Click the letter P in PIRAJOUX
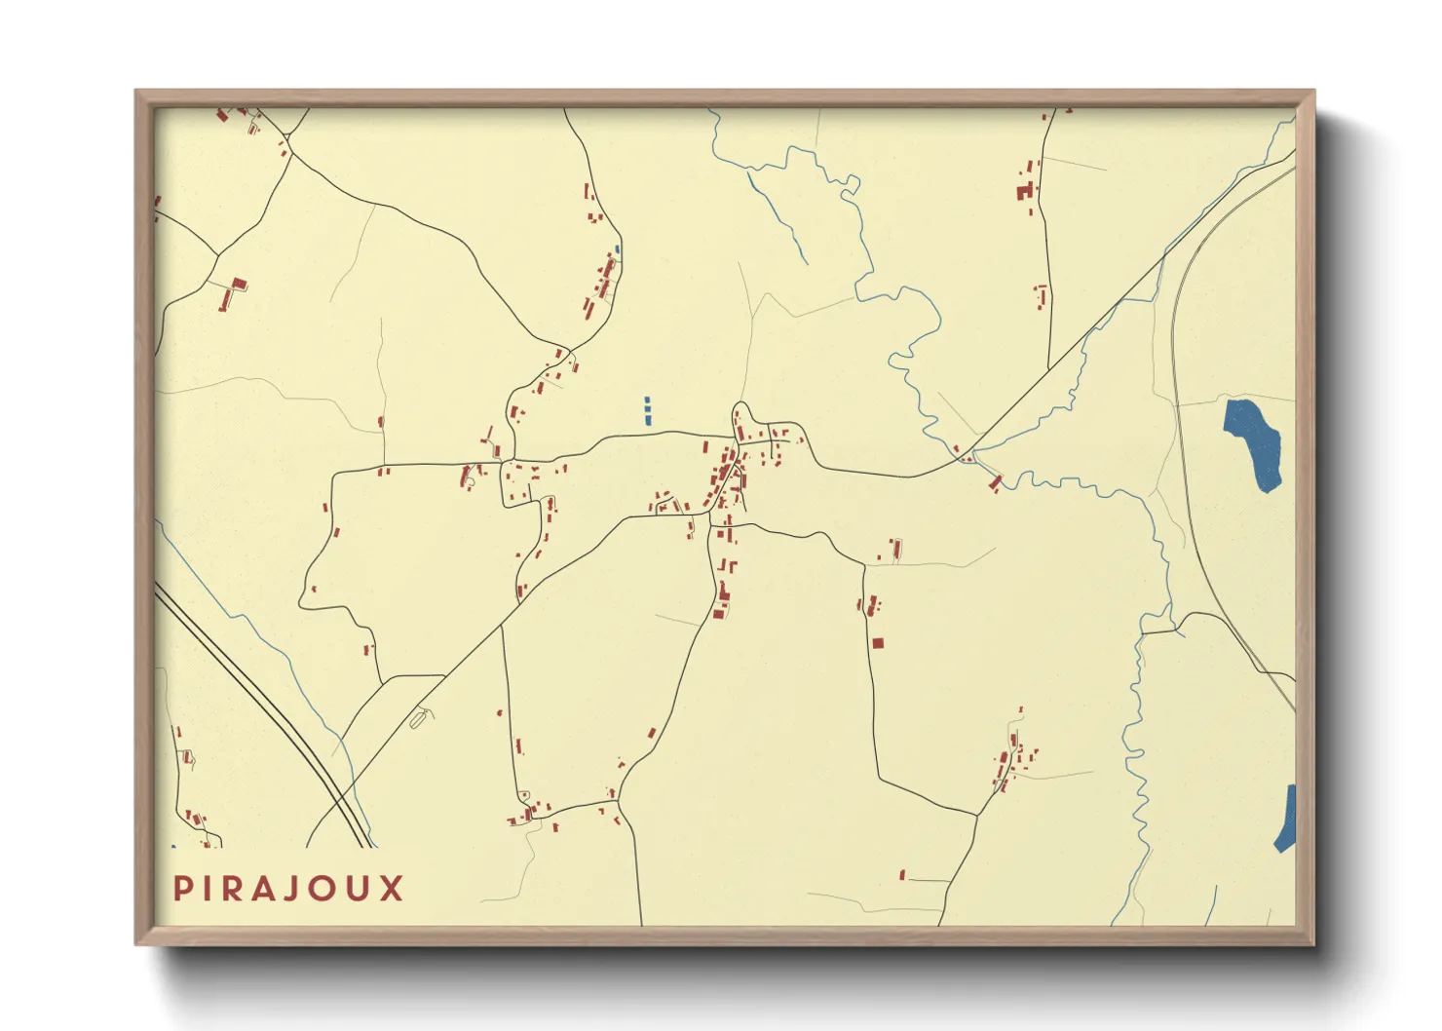[x=182, y=889]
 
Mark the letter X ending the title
[x=393, y=889]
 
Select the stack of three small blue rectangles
[x=647, y=410]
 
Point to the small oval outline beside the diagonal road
[x=420, y=718]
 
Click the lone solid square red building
[x=878, y=643]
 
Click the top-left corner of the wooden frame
[x=137, y=93]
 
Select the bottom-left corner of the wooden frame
[x=137, y=942]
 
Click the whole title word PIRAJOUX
[x=288, y=889]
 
